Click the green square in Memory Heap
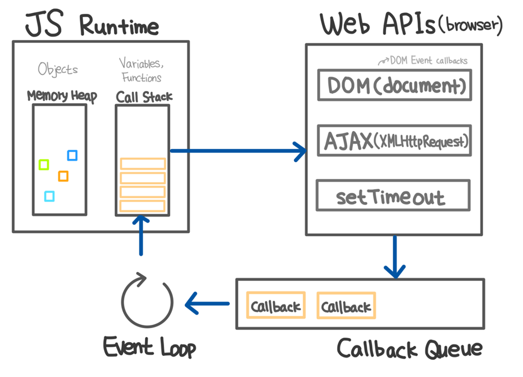tap(44, 164)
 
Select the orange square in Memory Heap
tap(63, 175)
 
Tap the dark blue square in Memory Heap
tap(72, 155)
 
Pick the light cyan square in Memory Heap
tap(50, 196)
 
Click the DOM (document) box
tap(394, 85)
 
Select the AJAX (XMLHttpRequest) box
tap(394, 140)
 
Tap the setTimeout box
tap(393, 195)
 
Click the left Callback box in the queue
tap(276, 305)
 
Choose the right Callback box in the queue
tap(346, 305)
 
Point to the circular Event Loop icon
tap(147, 300)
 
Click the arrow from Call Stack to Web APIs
tap(238, 151)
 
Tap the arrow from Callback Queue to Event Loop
tap(207, 304)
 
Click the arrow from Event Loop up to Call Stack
tap(141, 235)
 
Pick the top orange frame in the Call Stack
tap(143, 164)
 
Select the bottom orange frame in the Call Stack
tap(142, 205)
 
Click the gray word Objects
tap(58, 69)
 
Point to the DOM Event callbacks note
tap(423, 60)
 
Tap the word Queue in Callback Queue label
tap(453, 349)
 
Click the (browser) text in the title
tap(470, 25)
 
